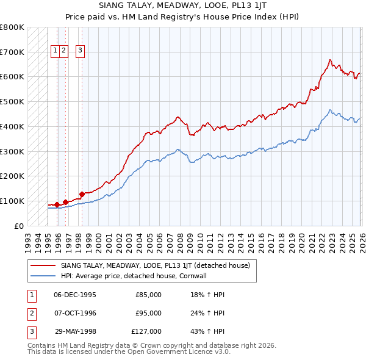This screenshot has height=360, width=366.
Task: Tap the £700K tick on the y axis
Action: pyautogui.click(x=12, y=52)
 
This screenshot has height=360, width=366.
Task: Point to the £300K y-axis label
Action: pyautogui.click(x=12, y=151)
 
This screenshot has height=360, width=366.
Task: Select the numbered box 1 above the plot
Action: pyautogui.click(x=55, y=51)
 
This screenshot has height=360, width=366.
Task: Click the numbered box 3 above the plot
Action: pyautogui.click(x=81, y=51)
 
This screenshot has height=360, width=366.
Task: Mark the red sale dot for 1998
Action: pyautogui.click(x=82, y=194)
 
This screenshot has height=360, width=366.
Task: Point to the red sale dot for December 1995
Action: pyautogui.click(x=57, y=204)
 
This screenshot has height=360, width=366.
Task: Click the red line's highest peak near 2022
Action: pyautogui.click(x=329, y=60)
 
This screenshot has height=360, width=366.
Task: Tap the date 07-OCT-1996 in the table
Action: pyautogui.click(x=74, y=313)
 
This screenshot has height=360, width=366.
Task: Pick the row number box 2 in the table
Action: pyautogui.click(x=30, y=313)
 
